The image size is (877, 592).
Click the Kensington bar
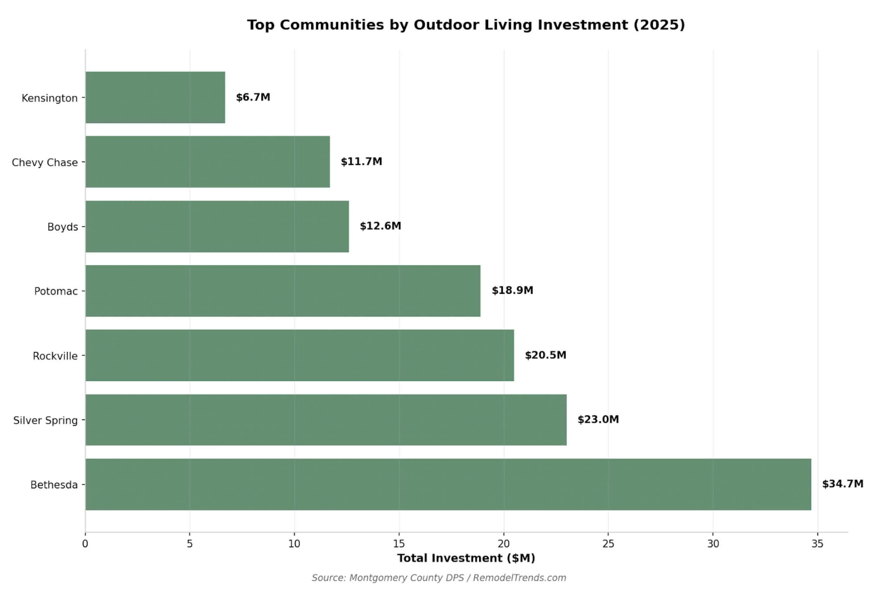tap(155, 98)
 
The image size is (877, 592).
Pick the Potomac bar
tap(283, 291)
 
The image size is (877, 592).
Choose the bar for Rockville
tap(300, 355)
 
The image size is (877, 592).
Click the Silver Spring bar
tap(326, 420)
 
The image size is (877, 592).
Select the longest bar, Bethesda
tap(448, 484)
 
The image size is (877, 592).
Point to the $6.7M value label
tap(253, 98)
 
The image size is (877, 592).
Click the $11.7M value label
tap(361, 161)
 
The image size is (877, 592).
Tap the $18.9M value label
tap(512, 290)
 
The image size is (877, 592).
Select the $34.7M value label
tap(842, 484)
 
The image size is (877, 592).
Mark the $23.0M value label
tap(598, 419)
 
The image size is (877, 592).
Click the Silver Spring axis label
tap(45, 420)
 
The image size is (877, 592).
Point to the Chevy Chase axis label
tap(45, 162)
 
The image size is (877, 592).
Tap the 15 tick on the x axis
tap(399, 544)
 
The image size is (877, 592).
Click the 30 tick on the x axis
tap(713, 544)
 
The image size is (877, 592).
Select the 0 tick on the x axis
tap(85, 544)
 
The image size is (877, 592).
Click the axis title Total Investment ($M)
tap(466, 558)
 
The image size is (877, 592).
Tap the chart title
tap(466, 25)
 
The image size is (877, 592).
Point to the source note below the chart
tap(438, 578)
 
